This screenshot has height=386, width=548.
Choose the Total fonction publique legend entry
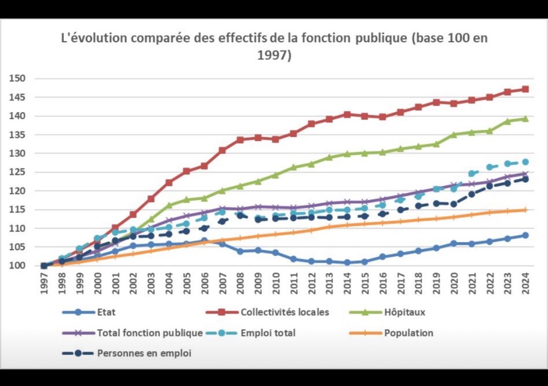tap(149, 333)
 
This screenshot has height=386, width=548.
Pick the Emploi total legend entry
tap(268, 333)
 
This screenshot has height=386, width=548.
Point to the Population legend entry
tap(408, 333)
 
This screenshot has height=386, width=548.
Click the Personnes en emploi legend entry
tap(144, 353)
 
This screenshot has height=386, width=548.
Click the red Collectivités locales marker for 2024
tap(526, 89)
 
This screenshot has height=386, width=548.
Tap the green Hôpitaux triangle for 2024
tap(526, 119)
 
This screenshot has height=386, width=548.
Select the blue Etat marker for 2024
tap(526, 235)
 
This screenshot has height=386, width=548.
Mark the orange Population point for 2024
tap(526, 210)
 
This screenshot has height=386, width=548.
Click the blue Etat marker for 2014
tap(347, 263)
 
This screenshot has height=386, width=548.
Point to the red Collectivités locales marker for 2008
tap(240, 140)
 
